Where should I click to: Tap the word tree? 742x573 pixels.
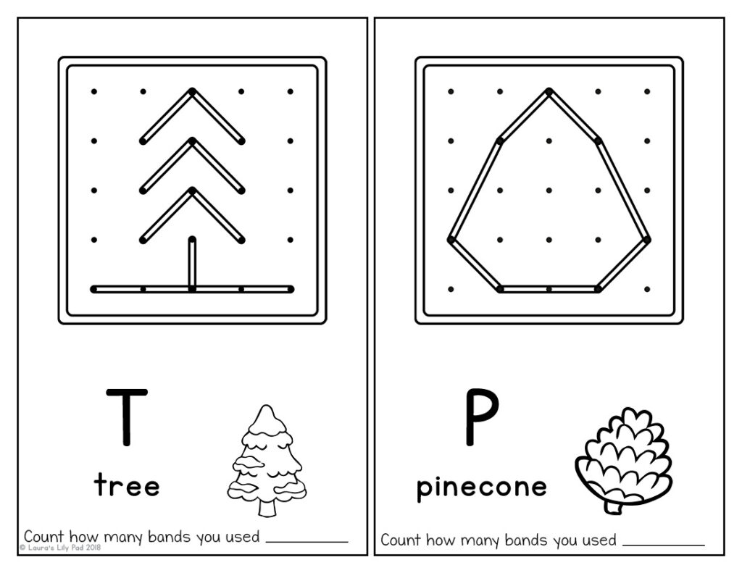(x=127, y=485)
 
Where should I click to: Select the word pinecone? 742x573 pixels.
(x=481, y=487)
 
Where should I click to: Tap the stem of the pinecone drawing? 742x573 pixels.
(x=612, y=506)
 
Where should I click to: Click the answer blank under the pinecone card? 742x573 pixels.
(x=663, y=543)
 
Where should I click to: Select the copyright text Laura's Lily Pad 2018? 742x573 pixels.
(x=61, y=548)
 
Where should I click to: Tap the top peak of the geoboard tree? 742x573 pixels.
(x=192, y=92)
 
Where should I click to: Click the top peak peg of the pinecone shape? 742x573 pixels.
(x=549, y=92)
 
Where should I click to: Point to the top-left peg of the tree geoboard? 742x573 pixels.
(x=93, y=92)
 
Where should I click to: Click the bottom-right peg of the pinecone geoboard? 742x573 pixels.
(x=647, y=289)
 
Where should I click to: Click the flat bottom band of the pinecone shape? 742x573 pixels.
(x=549, y=289)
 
